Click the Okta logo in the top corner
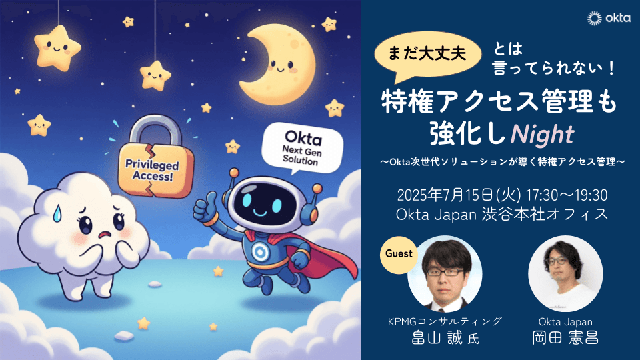609,19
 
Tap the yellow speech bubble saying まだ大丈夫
427,56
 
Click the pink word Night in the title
543,134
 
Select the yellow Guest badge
399,254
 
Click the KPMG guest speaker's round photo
445,273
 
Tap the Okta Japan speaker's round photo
565,273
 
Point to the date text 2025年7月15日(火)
459,195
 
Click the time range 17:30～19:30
567,195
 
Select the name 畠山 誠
437,338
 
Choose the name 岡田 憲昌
565,338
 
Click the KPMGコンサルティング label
445,321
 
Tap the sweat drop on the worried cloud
57,213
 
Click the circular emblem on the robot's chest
259,253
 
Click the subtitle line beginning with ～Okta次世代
502,162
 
